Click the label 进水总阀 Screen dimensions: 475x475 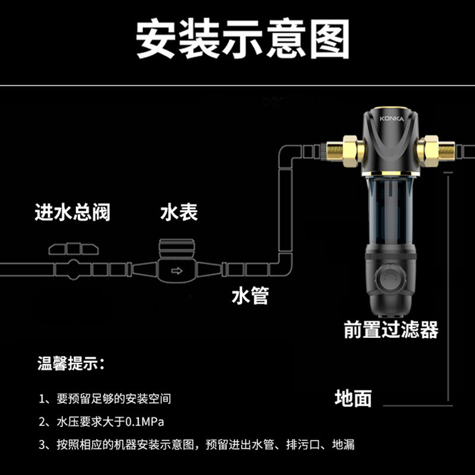click(72, 212)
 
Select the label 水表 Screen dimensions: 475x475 click(179, 212)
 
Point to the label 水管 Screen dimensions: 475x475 click(249, 296)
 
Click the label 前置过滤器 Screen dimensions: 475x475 click(391, 329)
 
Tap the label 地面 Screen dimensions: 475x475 click(353, 398)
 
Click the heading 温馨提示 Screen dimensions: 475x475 click(70, 363)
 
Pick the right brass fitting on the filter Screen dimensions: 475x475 click(430, 148)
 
